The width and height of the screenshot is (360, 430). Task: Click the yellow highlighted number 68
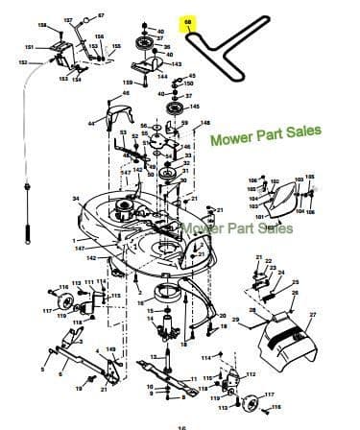pos(188,22)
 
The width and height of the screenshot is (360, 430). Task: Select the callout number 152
pos(23,62)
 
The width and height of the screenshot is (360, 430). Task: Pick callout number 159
pos(128,84)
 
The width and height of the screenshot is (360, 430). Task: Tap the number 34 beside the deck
pos(76,199)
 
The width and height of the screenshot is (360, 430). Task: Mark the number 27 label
pos(312,315)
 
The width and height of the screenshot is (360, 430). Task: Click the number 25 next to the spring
pos(294,281)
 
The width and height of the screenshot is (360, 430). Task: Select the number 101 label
pos(258,218)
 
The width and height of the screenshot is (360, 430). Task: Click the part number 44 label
pos(92,123)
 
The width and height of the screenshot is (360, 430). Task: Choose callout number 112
pos(224,374)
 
